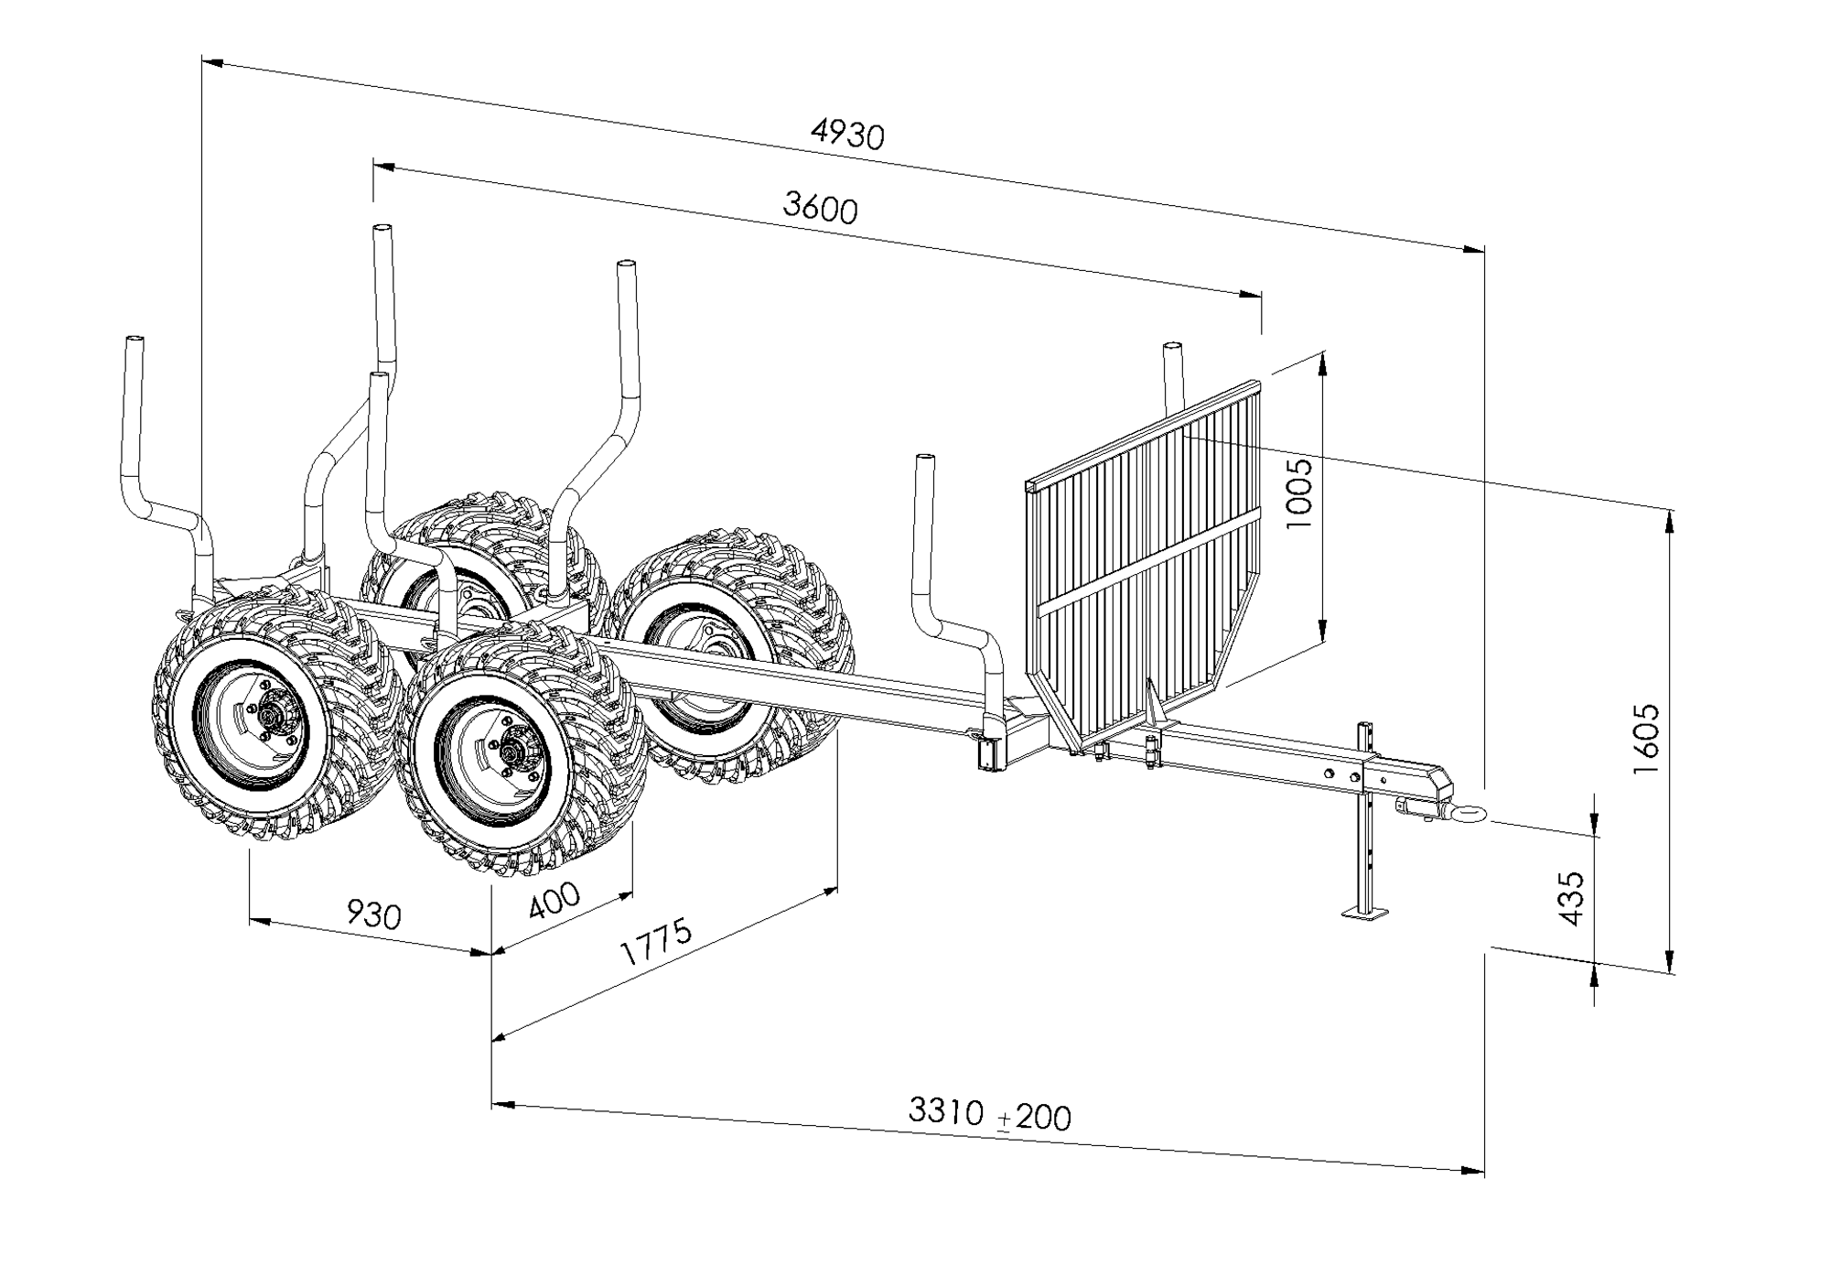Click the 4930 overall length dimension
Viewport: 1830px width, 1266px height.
[847, 135]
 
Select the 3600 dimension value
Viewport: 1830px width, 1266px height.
[820, 208]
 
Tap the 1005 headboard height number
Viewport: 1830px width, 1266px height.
[1298, 493]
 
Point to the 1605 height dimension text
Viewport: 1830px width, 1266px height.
[1646, 739]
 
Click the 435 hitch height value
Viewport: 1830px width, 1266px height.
[1570, 898]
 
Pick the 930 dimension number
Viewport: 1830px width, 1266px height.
[373, 914]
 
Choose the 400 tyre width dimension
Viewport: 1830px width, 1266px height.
[554, 901]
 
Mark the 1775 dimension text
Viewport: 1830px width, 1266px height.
[656, 943]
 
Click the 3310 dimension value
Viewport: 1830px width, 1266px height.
[946, 1110]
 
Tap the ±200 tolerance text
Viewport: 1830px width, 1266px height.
[1035, 1117]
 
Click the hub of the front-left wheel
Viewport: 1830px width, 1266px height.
[272, 713]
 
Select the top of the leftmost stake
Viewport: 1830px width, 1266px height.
[134, 341]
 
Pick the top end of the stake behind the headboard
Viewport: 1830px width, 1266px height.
[1172, 346]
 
